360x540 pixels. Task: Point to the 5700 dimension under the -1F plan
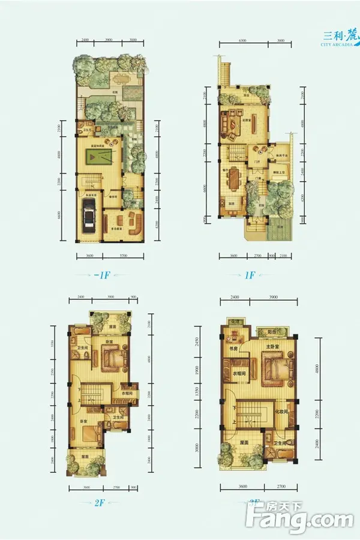pos(122,257)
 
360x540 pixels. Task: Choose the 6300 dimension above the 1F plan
pos(242,40)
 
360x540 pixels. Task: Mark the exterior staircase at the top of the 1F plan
pos(225,72)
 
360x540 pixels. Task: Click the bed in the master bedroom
pos(275,367)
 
